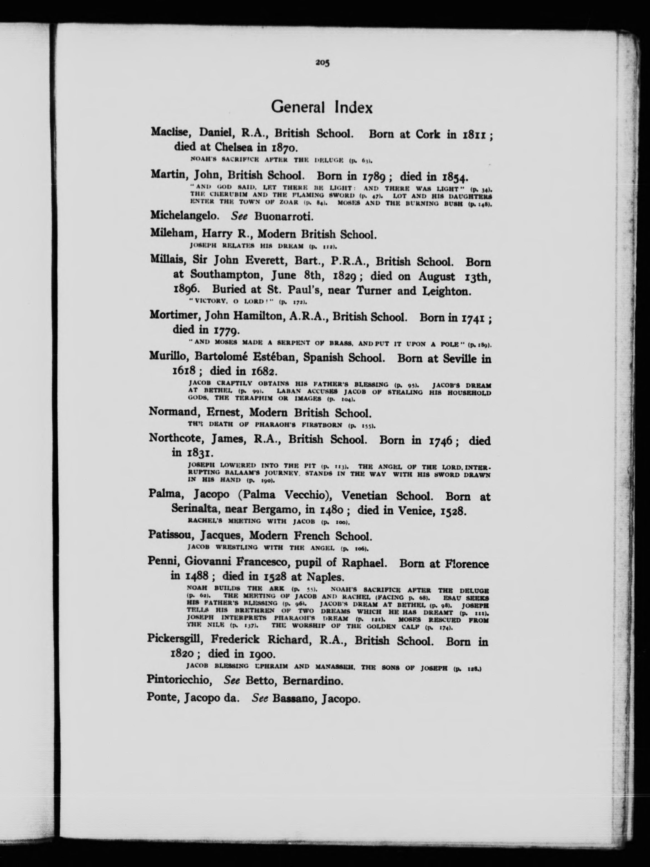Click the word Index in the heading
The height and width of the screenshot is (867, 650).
(354, 107)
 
